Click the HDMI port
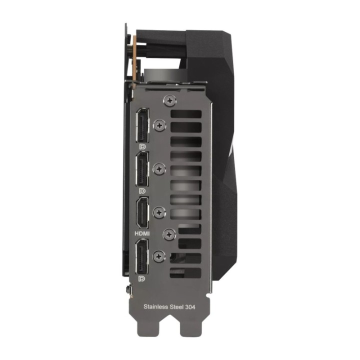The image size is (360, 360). pos(142,213)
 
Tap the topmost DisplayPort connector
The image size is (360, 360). pos(142,125)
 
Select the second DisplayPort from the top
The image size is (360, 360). pos(142,169)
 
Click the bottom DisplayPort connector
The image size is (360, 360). pos(142,256)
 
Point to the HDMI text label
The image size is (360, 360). pos(142,233)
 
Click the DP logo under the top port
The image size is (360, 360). pos(142,146)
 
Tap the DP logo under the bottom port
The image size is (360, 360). pos(142,279)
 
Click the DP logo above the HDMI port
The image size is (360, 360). pos(142,191)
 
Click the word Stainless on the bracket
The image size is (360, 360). pos(155,306)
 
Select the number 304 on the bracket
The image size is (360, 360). pos(190,307)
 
